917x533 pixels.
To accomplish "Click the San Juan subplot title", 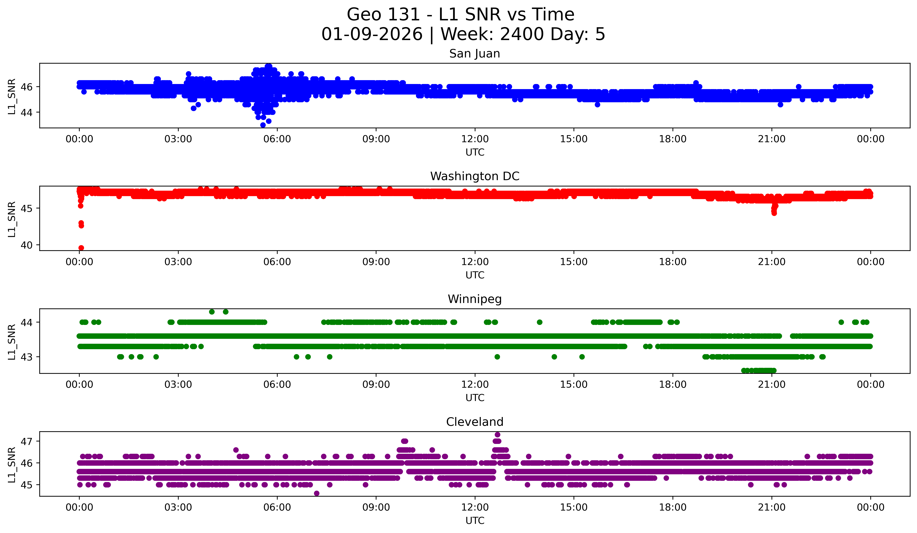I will point(475,54).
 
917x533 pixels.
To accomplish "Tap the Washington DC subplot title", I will point(475,176).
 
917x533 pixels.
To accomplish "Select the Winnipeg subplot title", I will point(475,299).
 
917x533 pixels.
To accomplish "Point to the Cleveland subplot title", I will point(475,422).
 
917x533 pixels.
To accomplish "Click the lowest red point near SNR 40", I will point(81,248).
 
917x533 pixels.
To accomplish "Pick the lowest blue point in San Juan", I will point(263,125).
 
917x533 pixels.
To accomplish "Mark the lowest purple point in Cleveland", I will point(317,493).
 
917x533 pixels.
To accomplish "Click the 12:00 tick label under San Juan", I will point(475,139).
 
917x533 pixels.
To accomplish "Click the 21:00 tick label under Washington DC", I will point(772,262).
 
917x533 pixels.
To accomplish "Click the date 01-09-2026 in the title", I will point(372,34).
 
